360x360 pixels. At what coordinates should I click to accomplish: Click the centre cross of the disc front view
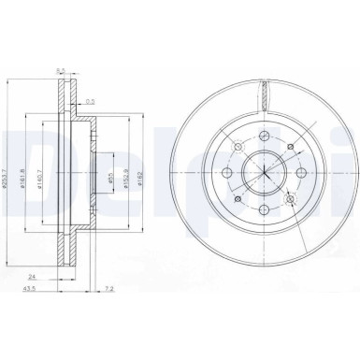coord(266,175)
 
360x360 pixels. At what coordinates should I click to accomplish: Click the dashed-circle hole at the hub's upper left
coord(238,148)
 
